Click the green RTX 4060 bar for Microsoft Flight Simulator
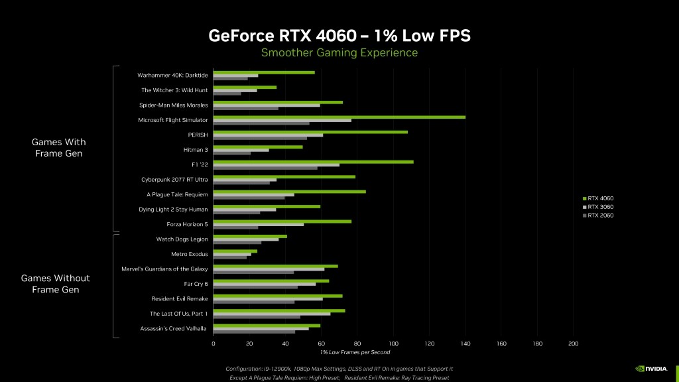click(338, 117)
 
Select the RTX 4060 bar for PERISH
click(310, 132)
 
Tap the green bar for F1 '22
click(312, 162)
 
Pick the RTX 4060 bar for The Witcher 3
click(244, 87)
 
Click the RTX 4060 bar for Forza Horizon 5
click(282, 222)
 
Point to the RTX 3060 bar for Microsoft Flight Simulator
click(282, 120)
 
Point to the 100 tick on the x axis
click(393, 344)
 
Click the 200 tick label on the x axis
click(574, 344)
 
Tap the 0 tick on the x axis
click(213, 344)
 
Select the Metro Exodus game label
click(190, 254)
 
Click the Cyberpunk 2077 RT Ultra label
click(174, 179)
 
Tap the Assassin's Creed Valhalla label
click(174, 328)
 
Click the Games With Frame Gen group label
click(59, 148)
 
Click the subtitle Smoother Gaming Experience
click(339, 52)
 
